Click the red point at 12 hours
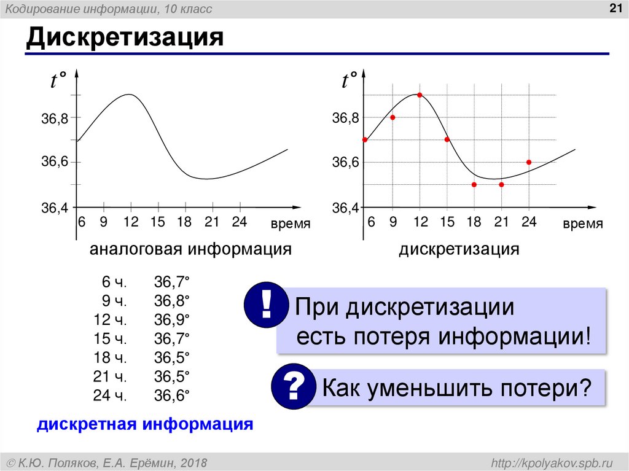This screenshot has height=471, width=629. [420, 95]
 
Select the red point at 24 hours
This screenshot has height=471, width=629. [529, 162]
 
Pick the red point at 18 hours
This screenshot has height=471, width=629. [474, 184]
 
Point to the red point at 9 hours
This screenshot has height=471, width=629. [393, 117]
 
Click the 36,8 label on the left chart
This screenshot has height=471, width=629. [54, 118]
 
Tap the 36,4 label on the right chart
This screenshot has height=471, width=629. [345, 209]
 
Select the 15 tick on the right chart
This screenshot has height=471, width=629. [447, 222]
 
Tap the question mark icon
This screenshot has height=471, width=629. [293, 387]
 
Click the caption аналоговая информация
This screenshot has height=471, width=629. [190, 250]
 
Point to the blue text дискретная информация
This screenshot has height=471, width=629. [146, 424]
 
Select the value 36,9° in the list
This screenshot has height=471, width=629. [172, 319]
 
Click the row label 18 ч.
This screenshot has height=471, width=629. [110, 357]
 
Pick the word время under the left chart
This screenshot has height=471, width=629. [291, 224]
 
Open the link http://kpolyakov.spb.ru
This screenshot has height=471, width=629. [549, 462]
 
